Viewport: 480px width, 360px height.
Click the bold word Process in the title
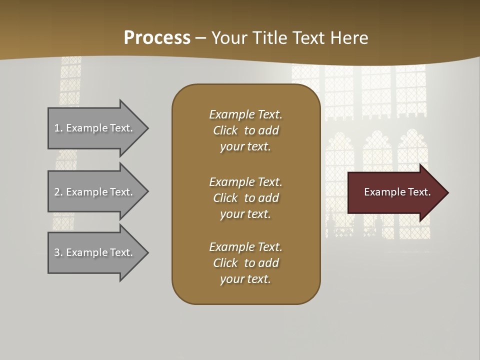coord(157,38)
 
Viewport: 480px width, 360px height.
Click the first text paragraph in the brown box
coord(245,130)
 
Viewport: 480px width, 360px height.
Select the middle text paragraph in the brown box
coord(245,198)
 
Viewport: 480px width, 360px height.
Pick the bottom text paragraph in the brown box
coord(245,263)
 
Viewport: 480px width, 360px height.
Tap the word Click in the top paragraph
coord(225,130)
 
